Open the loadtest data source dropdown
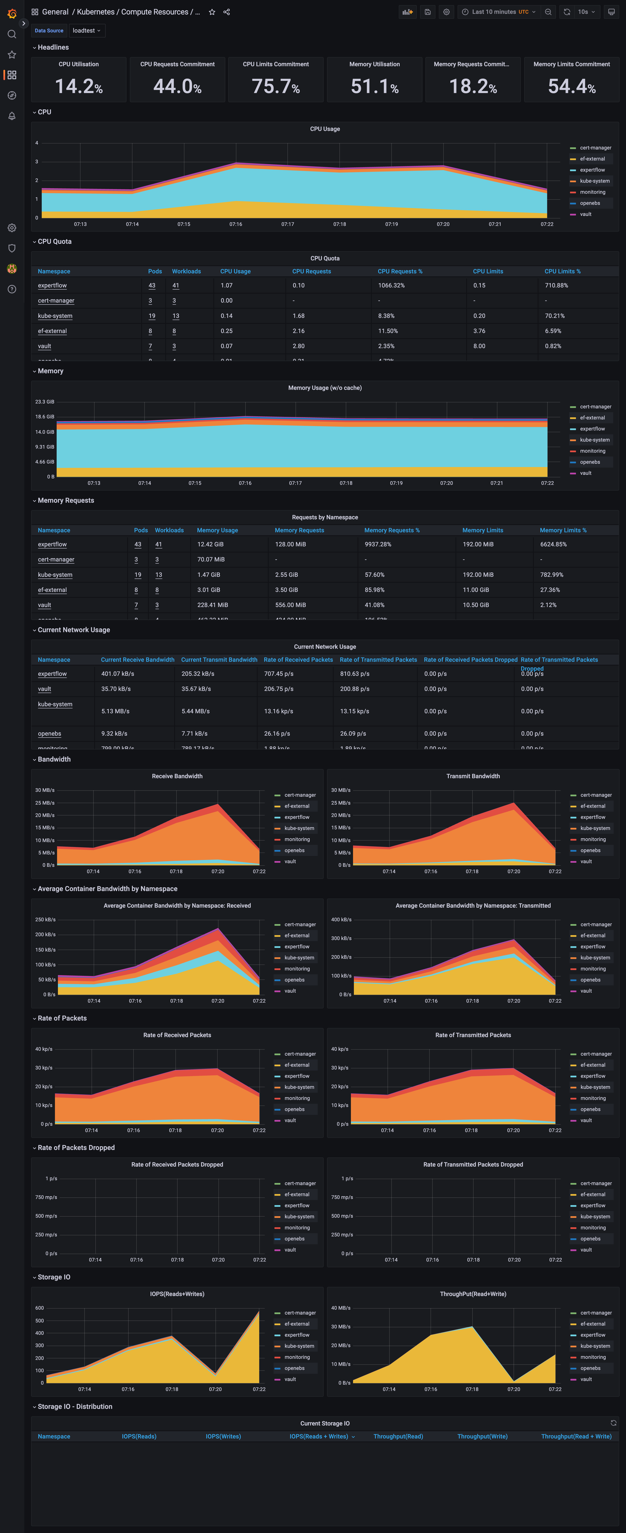(x=86, y=30)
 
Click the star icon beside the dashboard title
(x=212, y=12)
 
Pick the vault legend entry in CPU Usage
(x=586, y=214)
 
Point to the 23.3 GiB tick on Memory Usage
(x=45, y=402)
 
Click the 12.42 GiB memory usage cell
(x=210, y=544)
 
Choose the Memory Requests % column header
(x=392, y=530)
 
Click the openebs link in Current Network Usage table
(x=49, y=734)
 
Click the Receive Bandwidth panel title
(x=177, y=776)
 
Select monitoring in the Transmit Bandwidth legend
(x=593, y=839)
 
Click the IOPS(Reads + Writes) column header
(x=319, y=1437)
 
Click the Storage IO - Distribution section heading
(x=74, y=1407)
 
